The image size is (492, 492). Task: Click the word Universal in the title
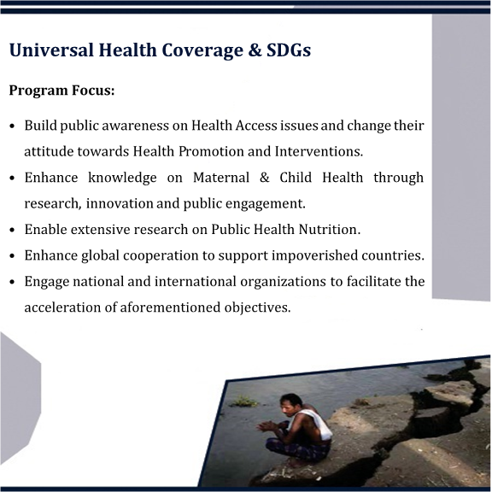tap(51, 50)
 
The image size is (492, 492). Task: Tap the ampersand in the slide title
tap(255, 50)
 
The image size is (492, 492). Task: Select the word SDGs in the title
tap(289, 50)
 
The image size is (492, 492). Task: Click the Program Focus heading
tap(61, 91)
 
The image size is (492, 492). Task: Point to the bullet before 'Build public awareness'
tap(12, 126)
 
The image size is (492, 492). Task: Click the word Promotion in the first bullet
tap(211, 151)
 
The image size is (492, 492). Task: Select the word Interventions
tap(319, 151)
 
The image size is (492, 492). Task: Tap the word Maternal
tap(221, 178)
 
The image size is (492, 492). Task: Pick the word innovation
tap(120, 203)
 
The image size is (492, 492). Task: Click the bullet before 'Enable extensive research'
tap(12, 230)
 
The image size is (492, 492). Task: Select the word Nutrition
tap(330, 230)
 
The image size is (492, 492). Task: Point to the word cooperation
tap(161, 255)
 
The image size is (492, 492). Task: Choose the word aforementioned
tap(170, 307)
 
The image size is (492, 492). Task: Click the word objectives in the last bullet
tap(258, 307)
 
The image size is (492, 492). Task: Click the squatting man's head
tap(291, 404)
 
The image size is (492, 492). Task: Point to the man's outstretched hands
tap(266, 427)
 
